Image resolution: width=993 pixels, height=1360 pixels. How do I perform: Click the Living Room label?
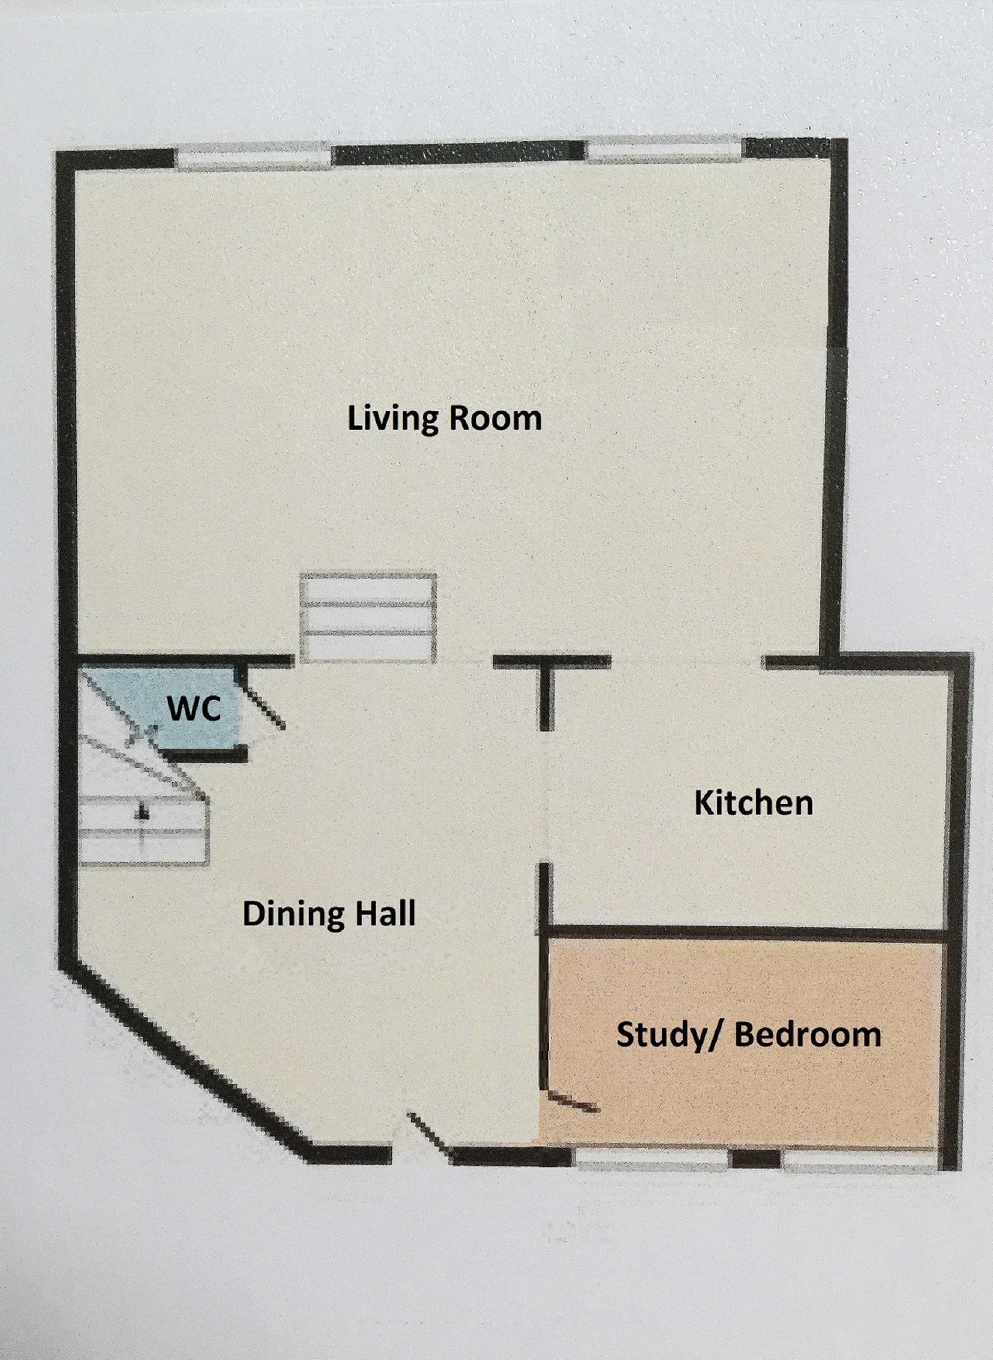(444, 418)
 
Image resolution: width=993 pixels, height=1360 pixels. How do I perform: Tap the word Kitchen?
(753, 803)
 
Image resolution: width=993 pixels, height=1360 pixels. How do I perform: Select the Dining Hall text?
(329, 914)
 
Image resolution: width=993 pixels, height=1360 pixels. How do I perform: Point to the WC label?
(194, 709)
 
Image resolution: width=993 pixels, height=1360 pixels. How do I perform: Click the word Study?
(662, 1035)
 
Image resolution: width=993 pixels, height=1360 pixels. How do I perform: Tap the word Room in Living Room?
(495, 418)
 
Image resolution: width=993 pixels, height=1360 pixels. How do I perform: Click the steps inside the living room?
(368, 619)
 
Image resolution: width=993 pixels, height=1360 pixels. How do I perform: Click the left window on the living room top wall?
(254, 156)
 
